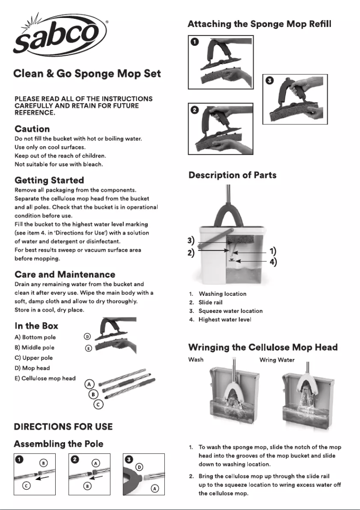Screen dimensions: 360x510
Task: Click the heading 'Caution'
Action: [32, 129]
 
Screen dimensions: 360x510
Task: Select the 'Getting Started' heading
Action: [49, 180]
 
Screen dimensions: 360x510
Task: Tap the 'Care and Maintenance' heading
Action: [65, 274]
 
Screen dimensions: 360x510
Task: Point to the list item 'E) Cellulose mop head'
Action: [45, 378]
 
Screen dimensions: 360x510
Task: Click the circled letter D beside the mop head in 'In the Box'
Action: [88, 337]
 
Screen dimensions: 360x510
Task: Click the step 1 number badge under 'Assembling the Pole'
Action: [19, 460]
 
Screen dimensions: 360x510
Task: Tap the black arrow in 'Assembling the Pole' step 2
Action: [96, 479]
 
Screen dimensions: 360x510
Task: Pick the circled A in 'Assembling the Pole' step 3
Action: [155, 488]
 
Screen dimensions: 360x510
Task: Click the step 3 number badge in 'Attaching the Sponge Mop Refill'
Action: [269, 81]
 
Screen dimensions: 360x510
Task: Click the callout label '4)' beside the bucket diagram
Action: [273, 262]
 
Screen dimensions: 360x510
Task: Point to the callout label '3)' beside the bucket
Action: [191, 240]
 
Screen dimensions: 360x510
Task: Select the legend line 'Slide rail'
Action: [211, 302]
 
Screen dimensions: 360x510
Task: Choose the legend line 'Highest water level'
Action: [225, 319]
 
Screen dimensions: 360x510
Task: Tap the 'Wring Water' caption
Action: [277, 360]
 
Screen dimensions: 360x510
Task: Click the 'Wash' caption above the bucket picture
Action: [196, 360]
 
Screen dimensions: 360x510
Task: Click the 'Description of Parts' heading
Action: [233, 175]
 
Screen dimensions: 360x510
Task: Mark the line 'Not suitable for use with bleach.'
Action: [59, 164]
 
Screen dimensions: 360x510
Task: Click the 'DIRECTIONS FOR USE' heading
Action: [63, 427]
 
